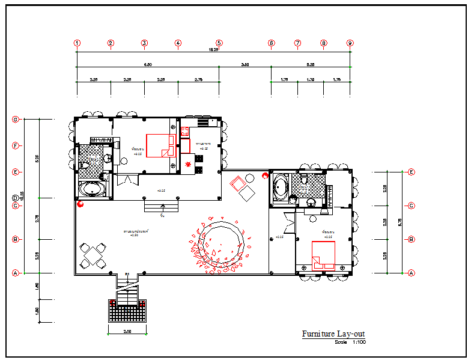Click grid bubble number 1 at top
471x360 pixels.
click(x=77, y=43)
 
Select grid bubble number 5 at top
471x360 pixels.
click(x=219, y=43)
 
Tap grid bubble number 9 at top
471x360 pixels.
click(x=350, y=43)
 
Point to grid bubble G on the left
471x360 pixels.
click(x=16, y=119)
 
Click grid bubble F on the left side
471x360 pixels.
click(x=16, y=145)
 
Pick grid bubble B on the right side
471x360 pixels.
click(x=412, y=239)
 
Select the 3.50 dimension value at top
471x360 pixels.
click(x=245, y=64)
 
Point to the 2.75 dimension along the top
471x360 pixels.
click(x=198, y=79)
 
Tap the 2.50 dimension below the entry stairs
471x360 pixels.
click(x=127, y=331)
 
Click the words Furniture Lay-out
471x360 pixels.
click(x=333, y=334)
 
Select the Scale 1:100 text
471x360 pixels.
click(x=350, y=343)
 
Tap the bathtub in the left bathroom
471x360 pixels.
click(x=93, y=190)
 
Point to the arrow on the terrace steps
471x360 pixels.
click(x=162, y=207)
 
